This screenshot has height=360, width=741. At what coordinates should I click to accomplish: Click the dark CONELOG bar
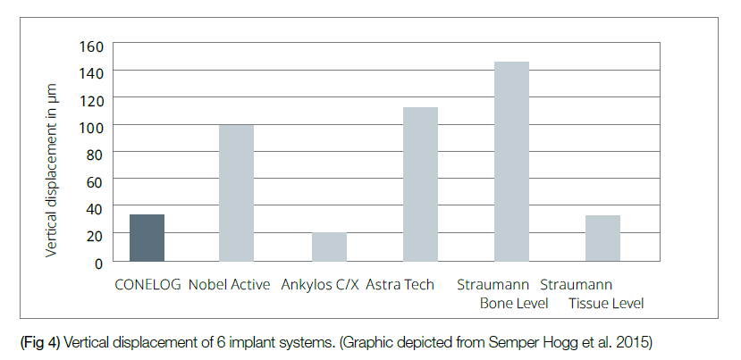(x=147, y=238)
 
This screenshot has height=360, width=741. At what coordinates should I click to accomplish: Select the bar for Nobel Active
(x=236, y=193)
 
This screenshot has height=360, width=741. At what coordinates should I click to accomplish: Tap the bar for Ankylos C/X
(x=329, y=247)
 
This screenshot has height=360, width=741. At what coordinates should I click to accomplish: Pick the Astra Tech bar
(x=420, y=184)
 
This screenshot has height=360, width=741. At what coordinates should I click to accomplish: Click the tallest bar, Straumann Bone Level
(x=511, y=162)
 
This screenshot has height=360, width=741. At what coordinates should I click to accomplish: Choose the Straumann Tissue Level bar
(x=602, y=239)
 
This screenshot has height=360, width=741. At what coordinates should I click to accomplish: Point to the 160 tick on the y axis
(x=92, y=46)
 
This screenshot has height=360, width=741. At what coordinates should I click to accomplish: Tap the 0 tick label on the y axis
(x=98, y=263)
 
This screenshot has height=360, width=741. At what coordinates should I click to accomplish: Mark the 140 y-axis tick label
(x=92, y=72)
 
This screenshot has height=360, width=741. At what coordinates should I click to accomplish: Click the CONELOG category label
(x=147, y=285)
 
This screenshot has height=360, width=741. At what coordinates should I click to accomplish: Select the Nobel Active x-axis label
(x=230, y=285)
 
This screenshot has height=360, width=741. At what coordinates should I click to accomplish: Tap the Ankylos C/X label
(x=319, y=285)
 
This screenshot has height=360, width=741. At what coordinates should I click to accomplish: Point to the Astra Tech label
(x=400, y=285)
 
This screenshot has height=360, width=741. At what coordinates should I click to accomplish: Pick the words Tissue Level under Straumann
(x=605, y=304)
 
